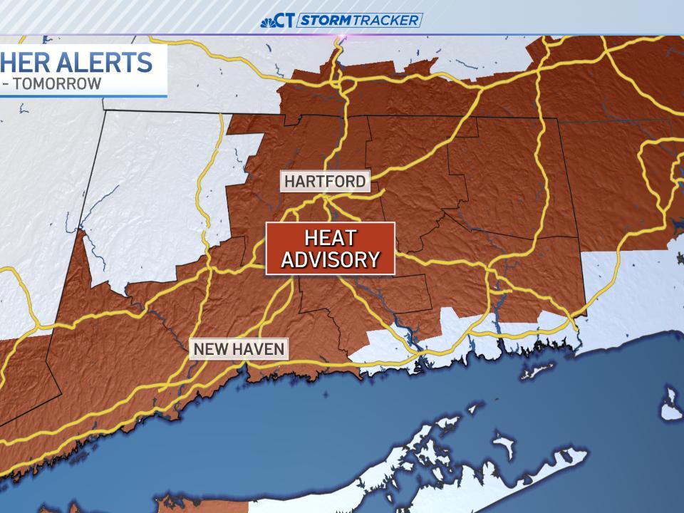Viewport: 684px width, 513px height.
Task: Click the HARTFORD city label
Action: [325, 181]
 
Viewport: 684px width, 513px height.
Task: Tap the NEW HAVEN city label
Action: [239, 349]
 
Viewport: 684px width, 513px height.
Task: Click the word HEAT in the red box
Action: [330, 237]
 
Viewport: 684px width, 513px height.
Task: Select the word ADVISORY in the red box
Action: [330, 259]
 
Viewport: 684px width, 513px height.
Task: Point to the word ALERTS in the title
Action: [106, 62]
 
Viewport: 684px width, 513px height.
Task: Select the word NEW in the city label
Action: [210, 349]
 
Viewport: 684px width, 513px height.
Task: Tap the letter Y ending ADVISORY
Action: [372, 259]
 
